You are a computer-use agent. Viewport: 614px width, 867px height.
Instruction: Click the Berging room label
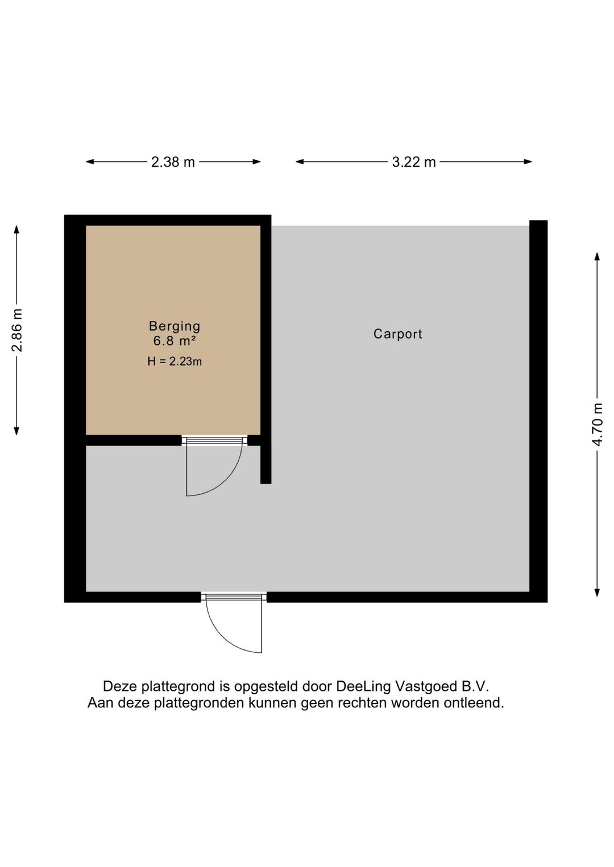[x=175, y=326]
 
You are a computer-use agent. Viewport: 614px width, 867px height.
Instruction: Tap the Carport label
[x=397, y=334]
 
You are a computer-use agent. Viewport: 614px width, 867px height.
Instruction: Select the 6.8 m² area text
[x=175, y=341]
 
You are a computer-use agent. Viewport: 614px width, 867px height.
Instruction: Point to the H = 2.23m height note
[x=175, y=361]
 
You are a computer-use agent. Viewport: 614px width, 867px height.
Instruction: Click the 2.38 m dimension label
[x=173, y=162]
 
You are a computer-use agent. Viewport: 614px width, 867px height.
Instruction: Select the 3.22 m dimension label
[x=413, y=162]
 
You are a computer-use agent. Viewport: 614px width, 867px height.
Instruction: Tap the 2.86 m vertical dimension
[x=17, y=330]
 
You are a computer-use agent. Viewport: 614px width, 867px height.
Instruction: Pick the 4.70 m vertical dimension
[x=598, y=424]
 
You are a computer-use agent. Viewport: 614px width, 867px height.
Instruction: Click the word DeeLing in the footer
[x=363, y=686]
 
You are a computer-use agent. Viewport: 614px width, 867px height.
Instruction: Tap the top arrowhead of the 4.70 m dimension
[x=597, y=257]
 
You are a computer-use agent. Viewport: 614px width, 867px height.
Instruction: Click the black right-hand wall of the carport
[x=538, y=409]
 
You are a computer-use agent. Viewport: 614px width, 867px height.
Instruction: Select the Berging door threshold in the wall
[x=214, y=440]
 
